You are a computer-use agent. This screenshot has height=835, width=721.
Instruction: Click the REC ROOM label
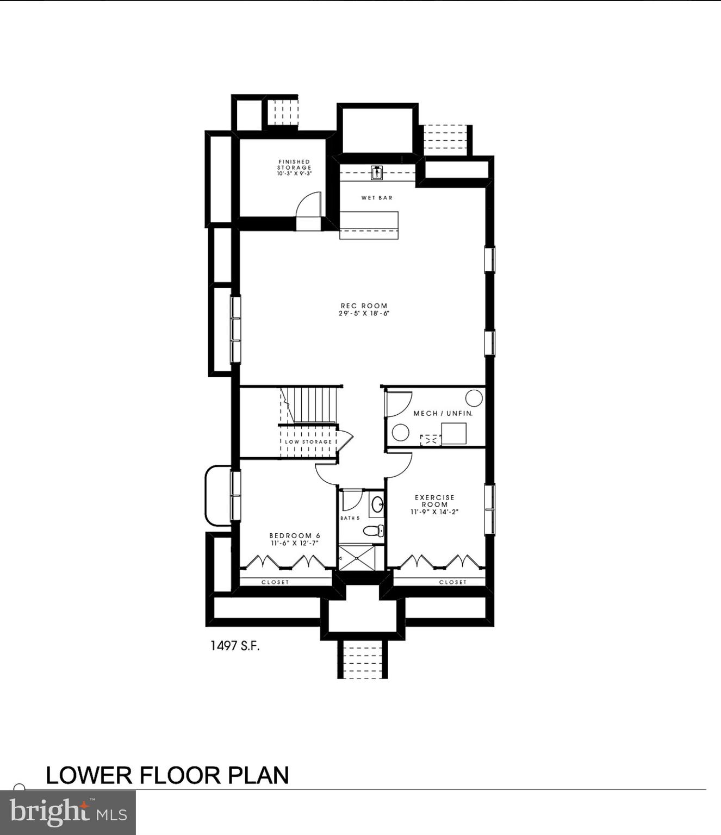364,306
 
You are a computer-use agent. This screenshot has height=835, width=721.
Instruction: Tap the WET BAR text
377,198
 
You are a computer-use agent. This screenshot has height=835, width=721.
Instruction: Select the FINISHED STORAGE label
294,164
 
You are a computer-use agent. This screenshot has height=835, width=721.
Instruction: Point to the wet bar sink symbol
377,173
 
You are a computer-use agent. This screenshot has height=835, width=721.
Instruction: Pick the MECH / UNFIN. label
443,414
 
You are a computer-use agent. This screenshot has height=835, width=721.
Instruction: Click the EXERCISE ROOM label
434,501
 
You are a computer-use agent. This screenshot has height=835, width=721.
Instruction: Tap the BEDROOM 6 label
295,535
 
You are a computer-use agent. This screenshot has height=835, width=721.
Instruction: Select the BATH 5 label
350,518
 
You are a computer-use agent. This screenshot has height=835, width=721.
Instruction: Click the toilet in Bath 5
374,531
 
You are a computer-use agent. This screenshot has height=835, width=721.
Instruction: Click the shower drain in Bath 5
357,558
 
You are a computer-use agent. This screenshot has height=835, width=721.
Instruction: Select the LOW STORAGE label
308,442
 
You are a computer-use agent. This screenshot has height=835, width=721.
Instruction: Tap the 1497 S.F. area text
235,646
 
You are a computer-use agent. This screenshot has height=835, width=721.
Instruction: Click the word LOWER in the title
89,775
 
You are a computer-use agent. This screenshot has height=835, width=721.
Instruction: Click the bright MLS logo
67,813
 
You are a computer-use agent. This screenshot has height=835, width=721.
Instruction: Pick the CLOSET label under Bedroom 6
275,582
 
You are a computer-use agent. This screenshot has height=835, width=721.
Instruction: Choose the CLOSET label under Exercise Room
453,582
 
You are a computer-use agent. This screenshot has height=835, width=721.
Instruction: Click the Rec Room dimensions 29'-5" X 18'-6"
364,314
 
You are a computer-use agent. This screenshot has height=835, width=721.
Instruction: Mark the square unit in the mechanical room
454,433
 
